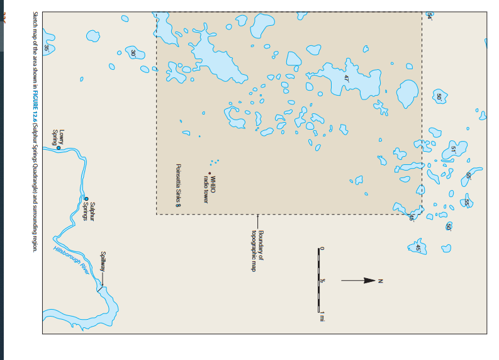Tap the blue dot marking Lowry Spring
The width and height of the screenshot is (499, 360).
59,147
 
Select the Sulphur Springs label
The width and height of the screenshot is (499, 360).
89,210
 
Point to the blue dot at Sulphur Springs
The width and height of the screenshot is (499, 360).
87,199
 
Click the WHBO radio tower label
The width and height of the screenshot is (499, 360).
209,189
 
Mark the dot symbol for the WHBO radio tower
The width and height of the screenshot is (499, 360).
210,173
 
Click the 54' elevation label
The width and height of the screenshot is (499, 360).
430,16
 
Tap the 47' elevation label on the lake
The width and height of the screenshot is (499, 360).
346,79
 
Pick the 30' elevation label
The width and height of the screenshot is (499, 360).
133,53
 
